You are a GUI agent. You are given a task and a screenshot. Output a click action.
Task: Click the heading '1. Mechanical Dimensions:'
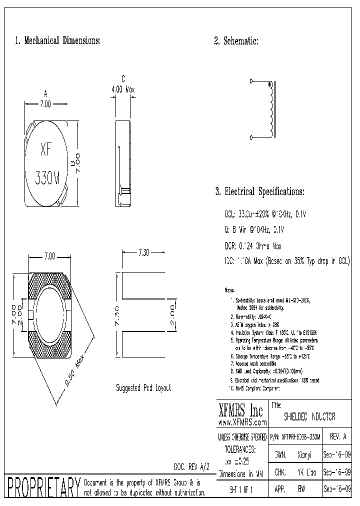click(x=58, y=41)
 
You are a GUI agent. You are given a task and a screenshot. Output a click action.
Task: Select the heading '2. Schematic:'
click(x=236, y=41)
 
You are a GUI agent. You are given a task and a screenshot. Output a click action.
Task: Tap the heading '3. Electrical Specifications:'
click(x=259, y=191)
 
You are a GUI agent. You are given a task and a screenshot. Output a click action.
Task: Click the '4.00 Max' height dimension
click(x=123, y=89)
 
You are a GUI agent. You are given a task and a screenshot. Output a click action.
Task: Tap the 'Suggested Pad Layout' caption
click(x=143, y=388)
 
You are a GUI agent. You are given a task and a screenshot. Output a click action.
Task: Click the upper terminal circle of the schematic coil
click(x=251, y=81)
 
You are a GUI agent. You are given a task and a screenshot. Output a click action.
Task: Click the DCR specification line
click(x=253, y=246)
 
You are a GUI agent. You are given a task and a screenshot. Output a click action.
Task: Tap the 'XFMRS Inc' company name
click(x=241, y=411)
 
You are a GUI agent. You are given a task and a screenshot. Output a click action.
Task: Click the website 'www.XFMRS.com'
click(x=242, y=422)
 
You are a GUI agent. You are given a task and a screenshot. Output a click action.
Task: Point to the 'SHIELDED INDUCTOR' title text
click(x=309, y=416)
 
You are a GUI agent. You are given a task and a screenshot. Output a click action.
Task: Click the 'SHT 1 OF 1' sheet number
click(x=241, y=490)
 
